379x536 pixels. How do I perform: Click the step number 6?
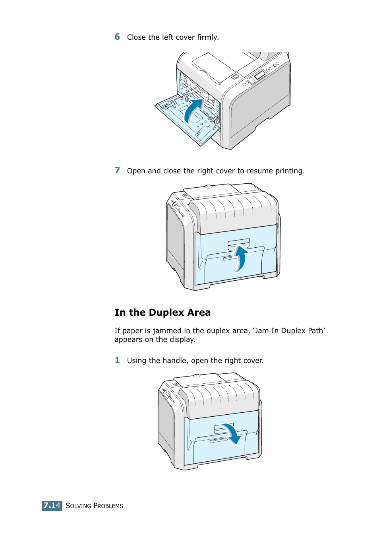pos(117,37)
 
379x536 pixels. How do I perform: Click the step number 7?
pos(117,170)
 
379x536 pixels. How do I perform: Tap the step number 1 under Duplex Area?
pos(117,360)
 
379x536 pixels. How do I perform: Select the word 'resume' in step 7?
pos(260,171)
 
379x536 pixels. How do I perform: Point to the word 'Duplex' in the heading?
pos(166,313)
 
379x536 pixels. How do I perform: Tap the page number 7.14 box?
pos(52,505)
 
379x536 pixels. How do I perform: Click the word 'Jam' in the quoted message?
pos(262,331)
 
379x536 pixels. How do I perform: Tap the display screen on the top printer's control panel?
pos(260,75)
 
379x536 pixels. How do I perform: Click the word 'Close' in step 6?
pos(136,37)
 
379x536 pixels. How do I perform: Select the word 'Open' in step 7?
pos(136,171)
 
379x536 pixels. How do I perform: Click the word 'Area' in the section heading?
pos(199,313)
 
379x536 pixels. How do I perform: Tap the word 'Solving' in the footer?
pos(78,506)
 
